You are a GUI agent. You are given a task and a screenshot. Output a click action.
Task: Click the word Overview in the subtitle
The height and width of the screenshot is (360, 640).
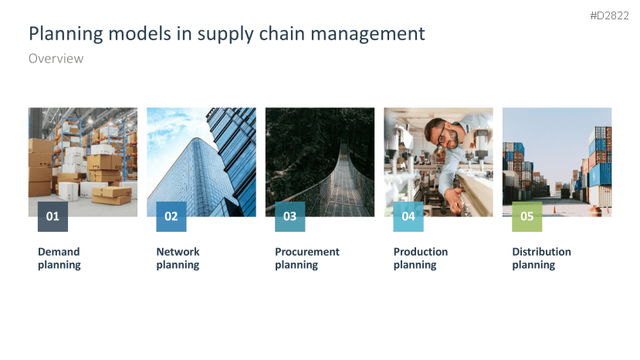click(x=56, y=59)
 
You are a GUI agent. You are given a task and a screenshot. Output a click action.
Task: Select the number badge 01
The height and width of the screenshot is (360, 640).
click(x=52, y=216)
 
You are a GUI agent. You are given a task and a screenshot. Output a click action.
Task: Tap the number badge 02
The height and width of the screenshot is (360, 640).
click(x=171, y=216)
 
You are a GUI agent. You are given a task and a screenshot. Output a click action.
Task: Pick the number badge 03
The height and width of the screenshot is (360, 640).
click(x=290, y=216)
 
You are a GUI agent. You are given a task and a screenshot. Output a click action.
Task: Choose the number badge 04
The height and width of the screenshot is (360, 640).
click(x=408, y=216)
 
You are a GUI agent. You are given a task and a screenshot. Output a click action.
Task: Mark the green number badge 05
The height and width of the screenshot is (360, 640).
click(x=527, y=216)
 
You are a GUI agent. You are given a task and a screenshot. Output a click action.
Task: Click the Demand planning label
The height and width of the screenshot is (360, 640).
click(x=59, y=258)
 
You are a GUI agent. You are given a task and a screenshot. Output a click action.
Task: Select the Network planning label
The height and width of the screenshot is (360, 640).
click(x=178, y=258)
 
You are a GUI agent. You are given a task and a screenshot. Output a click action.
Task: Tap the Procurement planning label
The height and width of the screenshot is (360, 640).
click(x=307, y=258)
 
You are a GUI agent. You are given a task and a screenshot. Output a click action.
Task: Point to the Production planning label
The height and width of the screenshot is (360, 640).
click(x=421, y=258)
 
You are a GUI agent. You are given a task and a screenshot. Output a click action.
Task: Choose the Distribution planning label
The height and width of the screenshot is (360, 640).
click(x=541, y=258)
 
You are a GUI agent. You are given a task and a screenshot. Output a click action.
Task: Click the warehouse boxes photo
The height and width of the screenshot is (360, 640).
click(x=83, y=155)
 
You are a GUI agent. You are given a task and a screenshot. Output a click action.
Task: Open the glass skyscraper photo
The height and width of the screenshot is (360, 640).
click(x=201, y=155)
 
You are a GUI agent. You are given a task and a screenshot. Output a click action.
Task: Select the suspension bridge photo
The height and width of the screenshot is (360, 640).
click(x=320, y=155)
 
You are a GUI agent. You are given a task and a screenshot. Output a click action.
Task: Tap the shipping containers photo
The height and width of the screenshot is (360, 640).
click(x=557, y=155)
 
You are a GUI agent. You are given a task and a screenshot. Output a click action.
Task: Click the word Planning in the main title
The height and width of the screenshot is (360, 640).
click(x=63, y=34)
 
